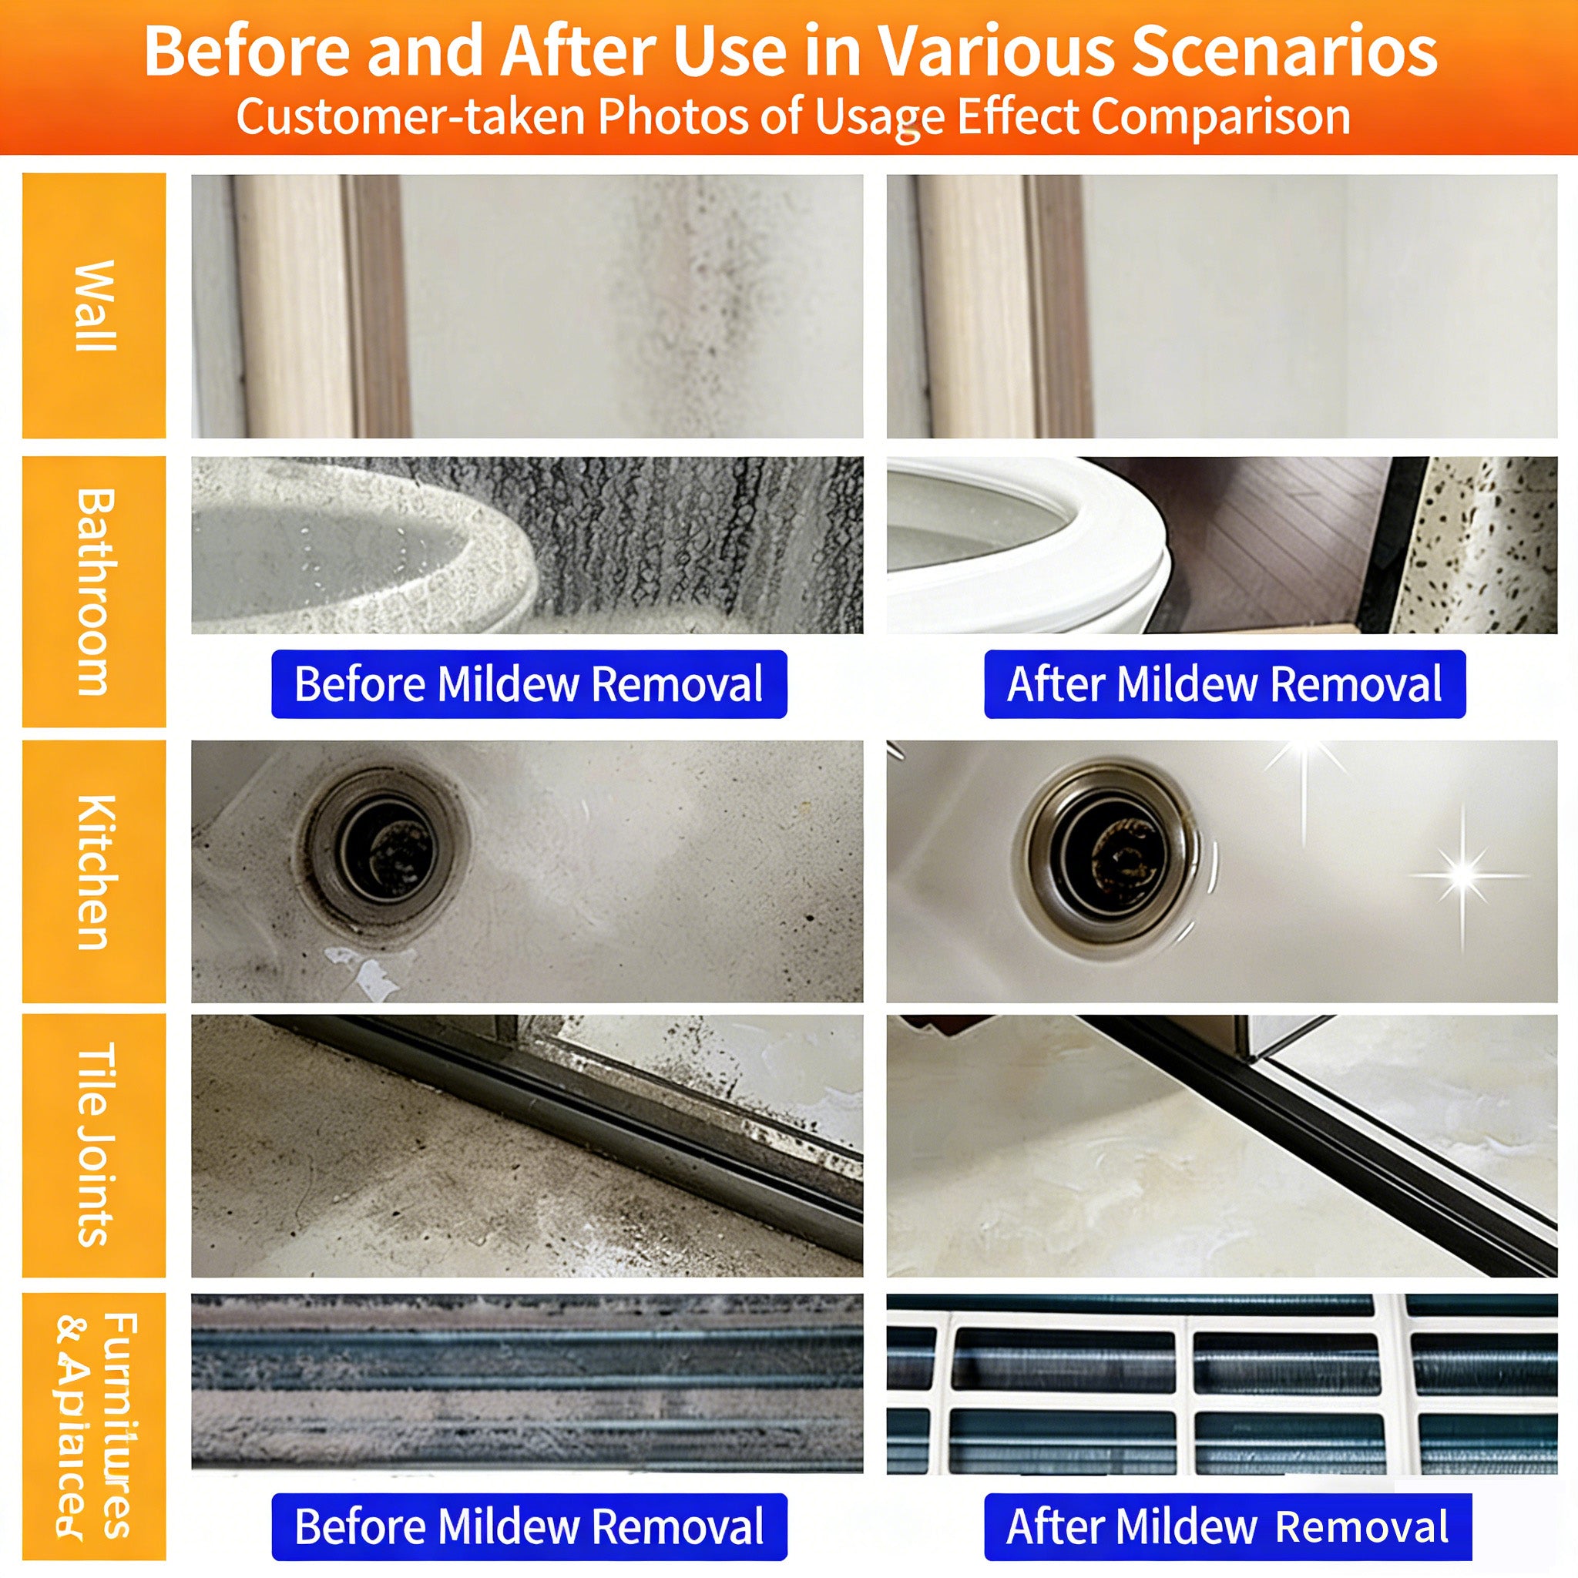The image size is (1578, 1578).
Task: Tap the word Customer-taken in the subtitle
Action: (x=410, y=116)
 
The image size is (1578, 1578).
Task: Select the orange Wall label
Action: (x=94, y=305)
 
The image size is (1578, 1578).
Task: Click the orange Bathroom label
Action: (x=94, y=591)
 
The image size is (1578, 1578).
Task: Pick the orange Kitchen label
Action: (x=94, y=871)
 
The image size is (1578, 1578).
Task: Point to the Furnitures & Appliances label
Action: (x=94, y=1425)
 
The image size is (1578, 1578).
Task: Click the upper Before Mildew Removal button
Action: (x=529, y=684)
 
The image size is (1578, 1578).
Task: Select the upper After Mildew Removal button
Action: (x=1224, y=684)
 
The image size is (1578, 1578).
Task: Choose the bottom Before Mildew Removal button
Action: (x=529, y=1526)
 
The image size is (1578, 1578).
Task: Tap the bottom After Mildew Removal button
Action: (x=1227, y=1526)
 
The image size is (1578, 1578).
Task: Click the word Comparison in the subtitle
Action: (x=1220, y=116)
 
